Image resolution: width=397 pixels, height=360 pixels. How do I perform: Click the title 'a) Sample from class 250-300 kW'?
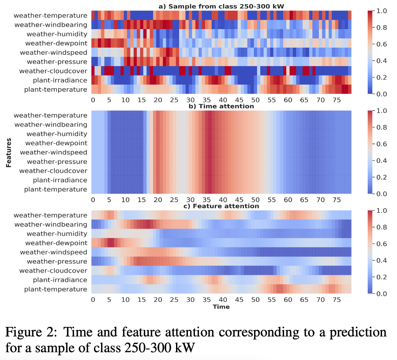(x=221, y=6)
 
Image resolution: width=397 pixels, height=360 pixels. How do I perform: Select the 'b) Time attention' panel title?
(x=221, y=106)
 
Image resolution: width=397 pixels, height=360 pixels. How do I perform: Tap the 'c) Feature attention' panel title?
(x=221, y=206)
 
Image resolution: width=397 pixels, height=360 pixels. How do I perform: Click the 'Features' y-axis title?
(x=8, y=154)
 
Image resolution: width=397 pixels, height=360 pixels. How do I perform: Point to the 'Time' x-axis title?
(x=221, y=307)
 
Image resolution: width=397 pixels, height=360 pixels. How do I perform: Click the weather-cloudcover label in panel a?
(x=53, y=71)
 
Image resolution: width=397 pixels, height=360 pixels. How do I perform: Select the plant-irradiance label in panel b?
(x=60, y=180)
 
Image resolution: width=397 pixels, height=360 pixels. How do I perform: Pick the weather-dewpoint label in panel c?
(x=56, y=243)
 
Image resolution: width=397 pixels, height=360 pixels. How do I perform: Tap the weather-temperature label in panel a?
(x=50, y=15)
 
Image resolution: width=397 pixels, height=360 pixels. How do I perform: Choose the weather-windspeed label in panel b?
(x=53, y=152)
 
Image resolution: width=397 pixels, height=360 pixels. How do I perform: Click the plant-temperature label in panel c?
(x=56, y=289)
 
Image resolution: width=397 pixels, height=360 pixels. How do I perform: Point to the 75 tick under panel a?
(x=337, y=100)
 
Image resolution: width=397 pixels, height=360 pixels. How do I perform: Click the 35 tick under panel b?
(x=206, y=200)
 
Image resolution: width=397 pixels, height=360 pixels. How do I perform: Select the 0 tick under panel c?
(x=93, y=300)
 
